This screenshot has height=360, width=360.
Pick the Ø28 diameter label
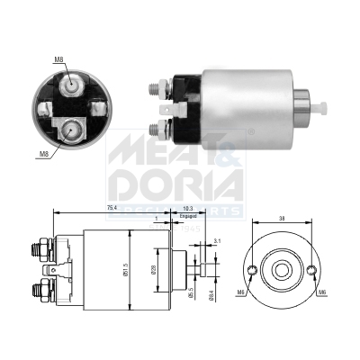click(157, 270)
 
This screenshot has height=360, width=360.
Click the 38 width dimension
click(283, 218)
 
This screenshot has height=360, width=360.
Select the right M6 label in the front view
click(321, 292)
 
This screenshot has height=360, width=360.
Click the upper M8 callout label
click(58, 60)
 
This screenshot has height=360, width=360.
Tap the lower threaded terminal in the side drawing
click(41, 290)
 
